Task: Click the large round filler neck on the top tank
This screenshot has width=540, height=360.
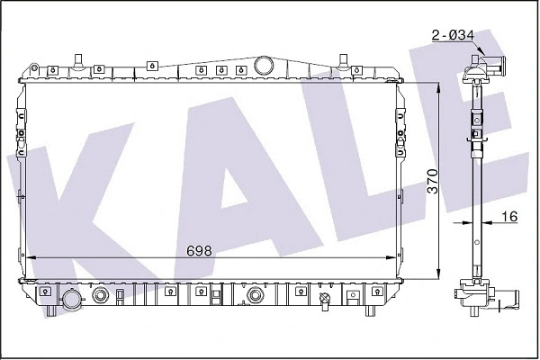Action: click(x=265, y=65)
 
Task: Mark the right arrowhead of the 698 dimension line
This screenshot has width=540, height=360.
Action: click(x=392, y=258)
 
